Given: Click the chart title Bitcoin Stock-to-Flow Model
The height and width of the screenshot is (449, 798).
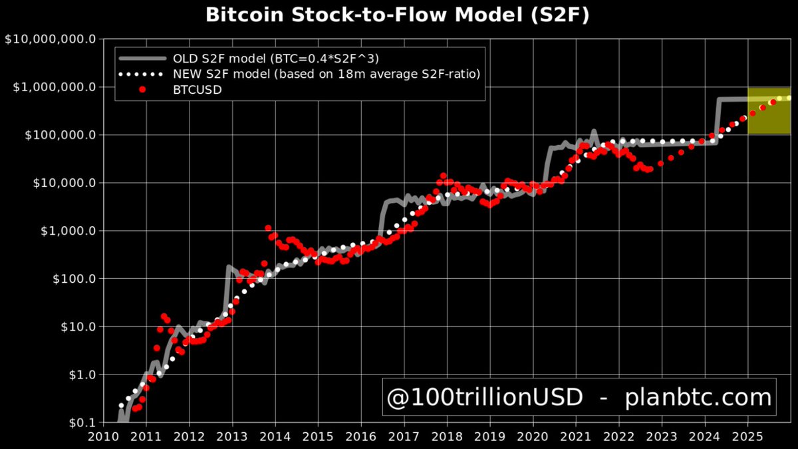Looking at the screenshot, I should (398, 15).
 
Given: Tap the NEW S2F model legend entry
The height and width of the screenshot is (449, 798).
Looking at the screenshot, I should (326, 74).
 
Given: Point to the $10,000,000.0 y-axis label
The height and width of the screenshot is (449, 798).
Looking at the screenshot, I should (50, 39).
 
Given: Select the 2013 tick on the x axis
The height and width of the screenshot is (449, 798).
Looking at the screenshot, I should (232, 436).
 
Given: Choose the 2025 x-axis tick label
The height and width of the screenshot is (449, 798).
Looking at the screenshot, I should (747, 436).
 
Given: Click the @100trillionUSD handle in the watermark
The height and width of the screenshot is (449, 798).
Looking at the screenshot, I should (485, 398).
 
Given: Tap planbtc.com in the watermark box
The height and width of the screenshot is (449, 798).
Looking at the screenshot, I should (698, 398).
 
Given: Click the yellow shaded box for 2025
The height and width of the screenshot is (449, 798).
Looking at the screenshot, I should (769, 111).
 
